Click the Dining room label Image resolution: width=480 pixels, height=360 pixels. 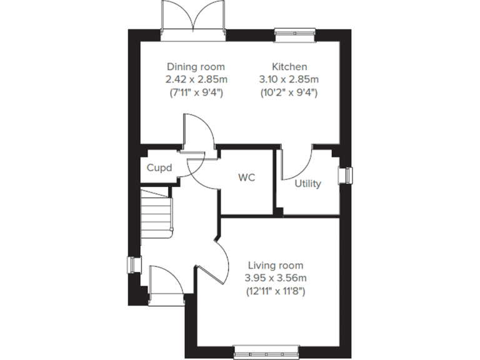(196, 67)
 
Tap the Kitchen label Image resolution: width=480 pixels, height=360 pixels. (289, 67)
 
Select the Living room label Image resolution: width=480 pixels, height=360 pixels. (275, 265)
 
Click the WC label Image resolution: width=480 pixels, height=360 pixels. (246, 177)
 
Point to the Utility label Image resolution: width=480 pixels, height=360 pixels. (307, 184)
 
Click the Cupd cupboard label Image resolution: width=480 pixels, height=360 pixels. (159, 168)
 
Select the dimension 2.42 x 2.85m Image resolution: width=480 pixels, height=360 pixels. (196, 79)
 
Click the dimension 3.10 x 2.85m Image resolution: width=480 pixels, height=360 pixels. (289, 79)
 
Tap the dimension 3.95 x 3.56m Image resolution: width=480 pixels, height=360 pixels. (275, 278)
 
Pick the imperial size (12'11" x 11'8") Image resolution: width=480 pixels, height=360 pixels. (275, 291)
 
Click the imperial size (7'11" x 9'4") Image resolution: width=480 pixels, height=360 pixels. (196, 92)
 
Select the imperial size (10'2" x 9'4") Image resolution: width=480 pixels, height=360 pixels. (289, 92)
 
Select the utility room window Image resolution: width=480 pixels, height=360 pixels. (346, 176)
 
